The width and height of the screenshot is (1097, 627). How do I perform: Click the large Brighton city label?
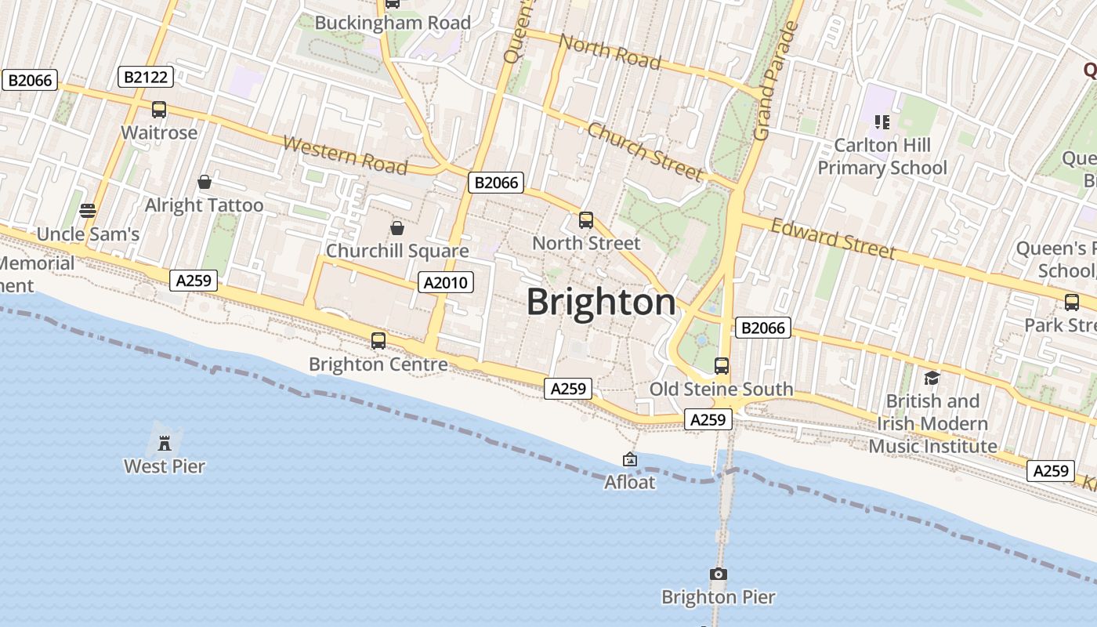(601, 303)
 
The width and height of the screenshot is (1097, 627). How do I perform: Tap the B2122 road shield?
(145, 77)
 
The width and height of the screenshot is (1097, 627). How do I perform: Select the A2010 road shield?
(447, 282)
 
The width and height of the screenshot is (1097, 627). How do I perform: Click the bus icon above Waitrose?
(159, 110)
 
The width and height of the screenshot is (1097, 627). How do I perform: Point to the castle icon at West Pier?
(165, 444)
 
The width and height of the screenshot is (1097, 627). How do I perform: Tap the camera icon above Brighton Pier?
(718, 574)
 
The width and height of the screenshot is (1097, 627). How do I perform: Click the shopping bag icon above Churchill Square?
(397, 228)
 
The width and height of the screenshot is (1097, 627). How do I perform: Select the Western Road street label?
(345, 155)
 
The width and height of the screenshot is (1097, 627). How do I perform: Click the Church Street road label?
(644, 151)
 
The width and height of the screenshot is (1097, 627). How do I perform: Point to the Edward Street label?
(832, 238)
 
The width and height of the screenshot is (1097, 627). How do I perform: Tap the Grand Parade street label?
(775, 82)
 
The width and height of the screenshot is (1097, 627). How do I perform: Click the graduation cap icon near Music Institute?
(932, 379)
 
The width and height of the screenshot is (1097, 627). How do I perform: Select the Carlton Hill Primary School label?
(882, 157)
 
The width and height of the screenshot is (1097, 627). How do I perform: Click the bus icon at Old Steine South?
(722, 366)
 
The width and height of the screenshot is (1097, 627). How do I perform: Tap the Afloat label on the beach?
(629, 482)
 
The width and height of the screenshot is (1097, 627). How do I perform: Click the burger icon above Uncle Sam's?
(88, 211)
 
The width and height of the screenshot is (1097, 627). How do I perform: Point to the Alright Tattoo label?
(205, 205)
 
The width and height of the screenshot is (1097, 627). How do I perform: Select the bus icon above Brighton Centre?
(378, 341)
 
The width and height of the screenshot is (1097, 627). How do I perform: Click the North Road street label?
(610, 52)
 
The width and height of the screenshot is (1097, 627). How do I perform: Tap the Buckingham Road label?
(393, 23)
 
